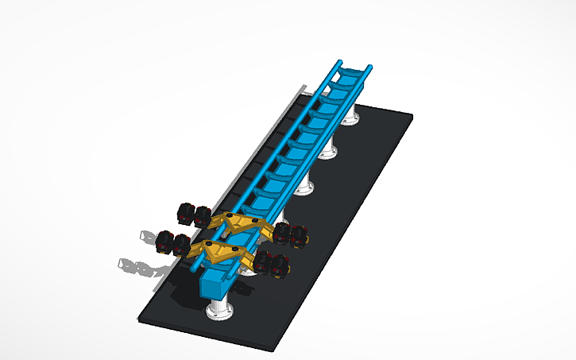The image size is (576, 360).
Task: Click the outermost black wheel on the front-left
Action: (x=165, y=241)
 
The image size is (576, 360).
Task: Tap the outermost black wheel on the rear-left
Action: (x=184, y=213)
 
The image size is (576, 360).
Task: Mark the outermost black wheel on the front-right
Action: (x=279, y=268)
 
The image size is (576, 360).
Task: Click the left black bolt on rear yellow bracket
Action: (x=230, y=215)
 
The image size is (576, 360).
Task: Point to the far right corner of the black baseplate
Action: (x=412, y=116)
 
